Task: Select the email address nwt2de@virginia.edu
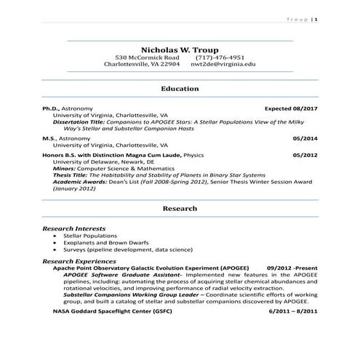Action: (223, 64)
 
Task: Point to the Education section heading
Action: (180, 88)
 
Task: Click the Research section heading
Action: (180, 208)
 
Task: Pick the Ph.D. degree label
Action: (52, 108)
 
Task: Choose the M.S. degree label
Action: (49, 137)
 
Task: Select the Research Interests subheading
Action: (74, 228)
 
